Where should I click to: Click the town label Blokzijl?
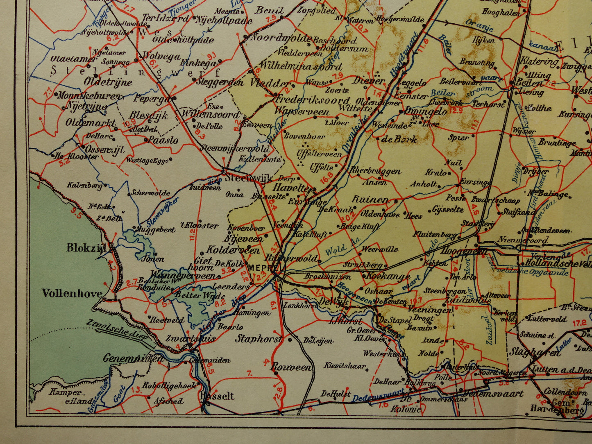(x=86, y=248)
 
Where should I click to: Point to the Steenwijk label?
(x=243, y=179)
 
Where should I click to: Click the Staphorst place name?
(x=259, y=339)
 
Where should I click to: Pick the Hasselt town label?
(x=217, y=396)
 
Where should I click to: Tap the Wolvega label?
(x=161, y=56)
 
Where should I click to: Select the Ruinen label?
(x=370, y=200)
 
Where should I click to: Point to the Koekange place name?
(x=387, y=276)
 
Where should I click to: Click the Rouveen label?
(x=291, y=367)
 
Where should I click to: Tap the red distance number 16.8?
(x=327, y=179)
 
